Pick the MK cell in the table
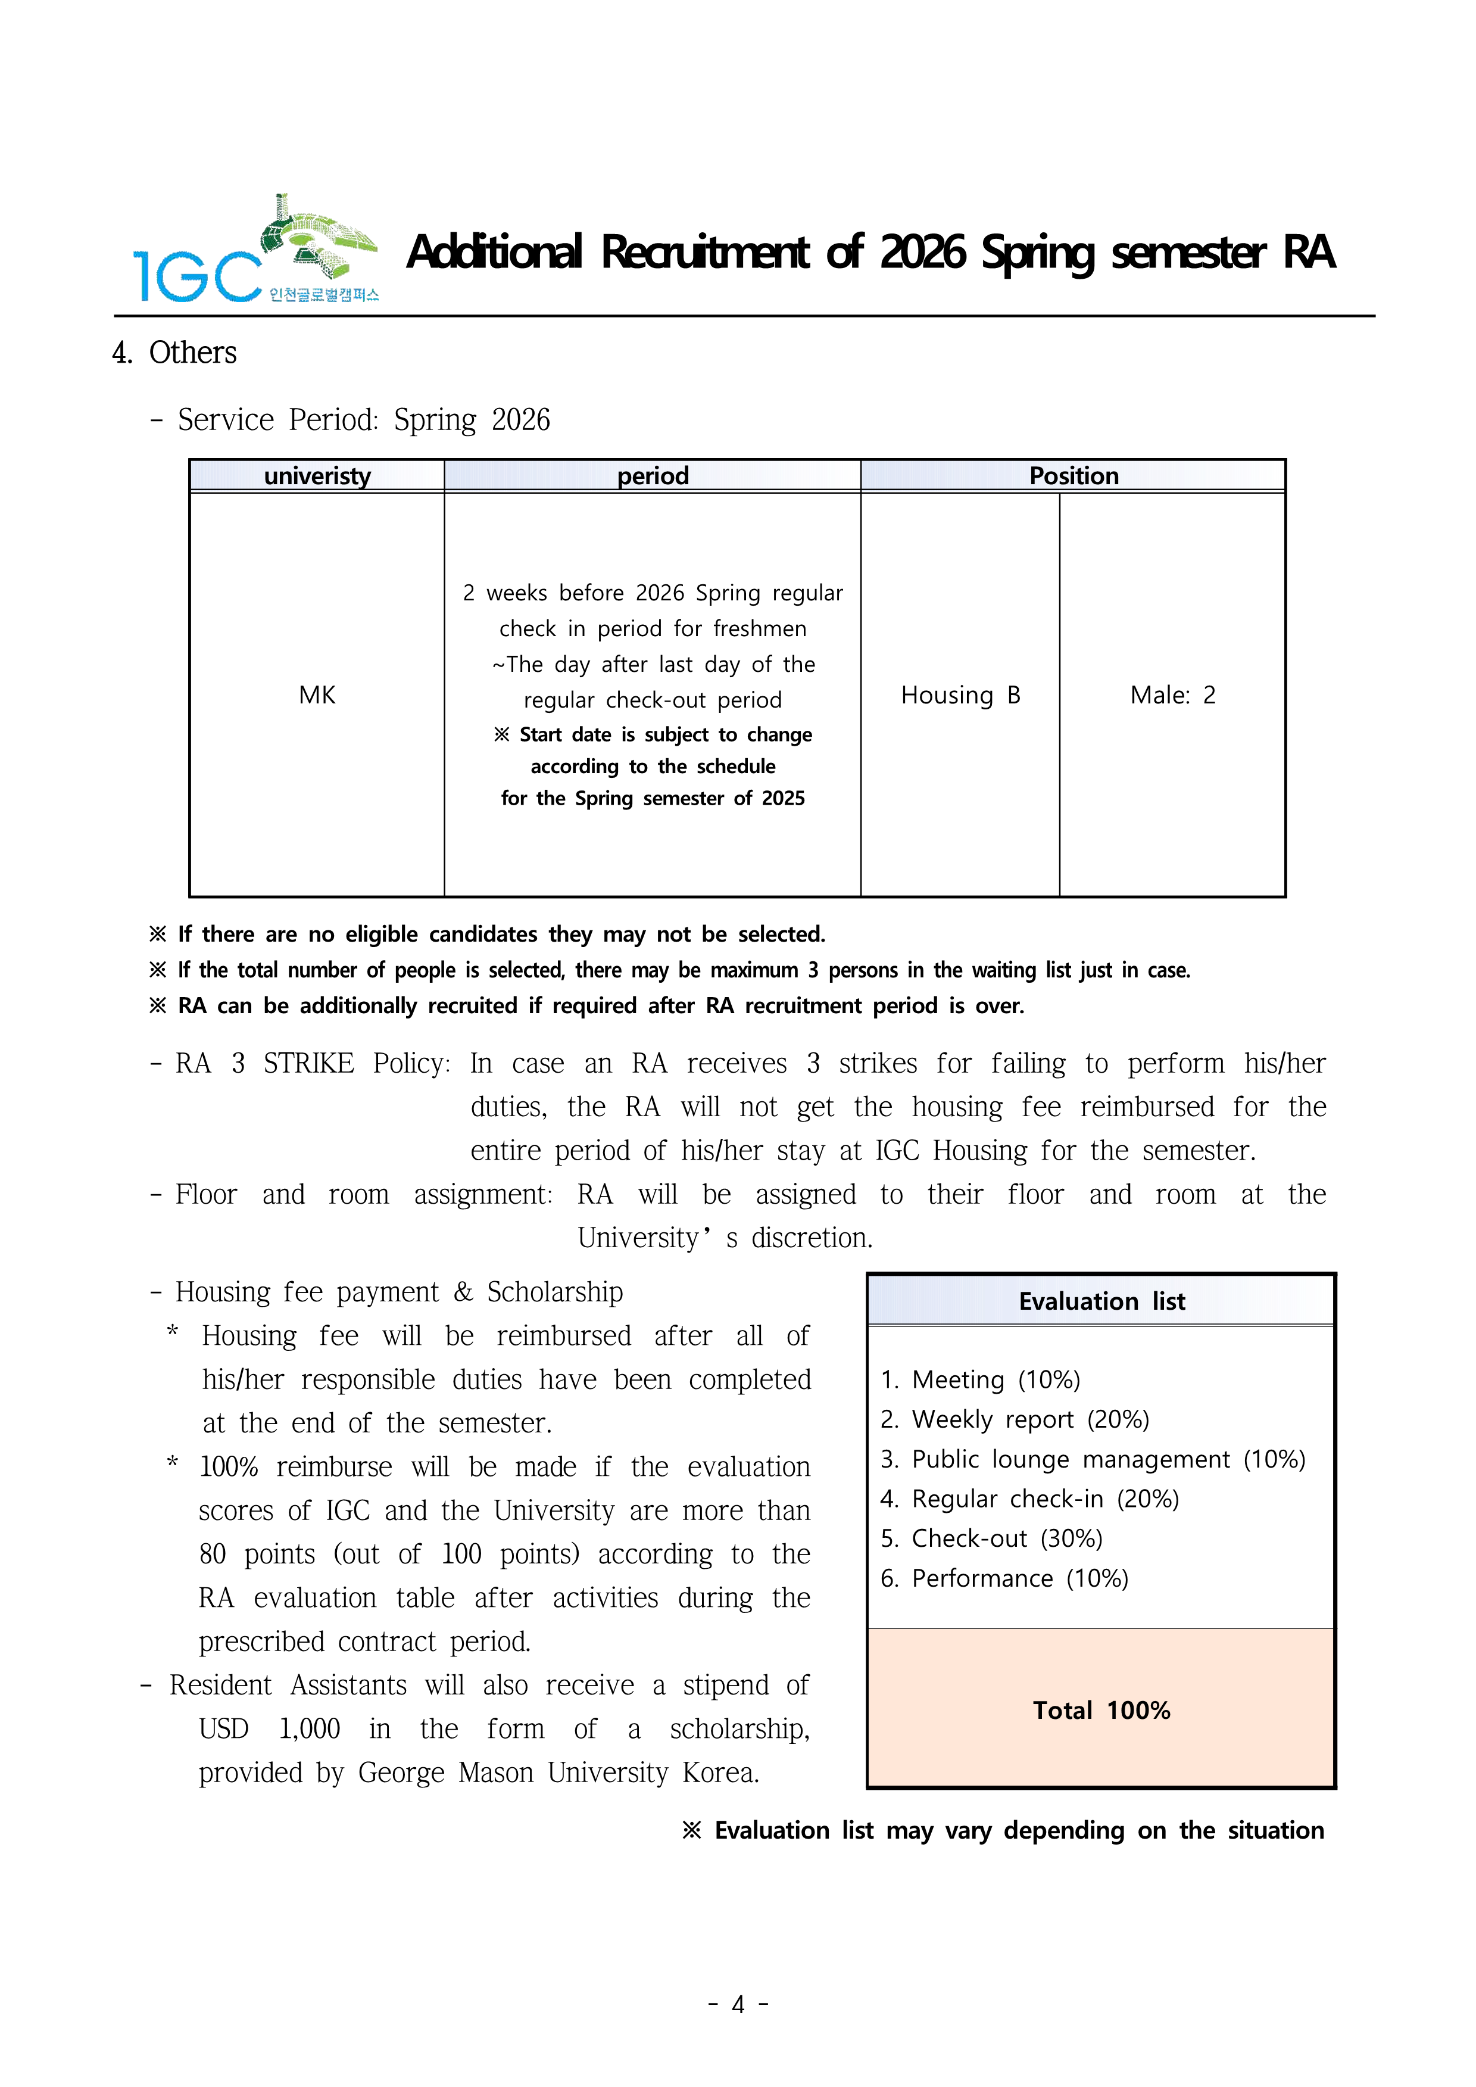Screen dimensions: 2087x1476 click(x=317, y=695)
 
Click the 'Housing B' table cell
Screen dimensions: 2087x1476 click(x=960, y=695)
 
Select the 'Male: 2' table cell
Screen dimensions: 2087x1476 click(x=1172, y=695)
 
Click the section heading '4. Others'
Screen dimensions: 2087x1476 click(x=174, y=353)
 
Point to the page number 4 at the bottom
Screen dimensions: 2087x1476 click(x=738, y=2004)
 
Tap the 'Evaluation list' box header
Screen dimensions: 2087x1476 click(x=1101, y=1301)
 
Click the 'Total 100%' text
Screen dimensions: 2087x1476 click(x=1101, y=1711)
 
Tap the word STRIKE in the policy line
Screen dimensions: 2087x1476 click(x=308, y=1064)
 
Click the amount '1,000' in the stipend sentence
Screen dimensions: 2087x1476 click(x=309, y=1729)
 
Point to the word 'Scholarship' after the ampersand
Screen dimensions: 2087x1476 click(x=554, y=1292)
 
